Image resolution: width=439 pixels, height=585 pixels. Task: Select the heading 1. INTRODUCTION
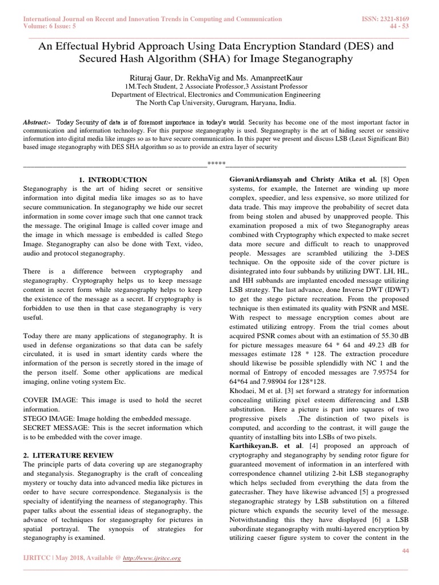(x=113, y=180)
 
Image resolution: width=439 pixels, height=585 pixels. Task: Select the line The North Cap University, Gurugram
(x=214, y=103)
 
